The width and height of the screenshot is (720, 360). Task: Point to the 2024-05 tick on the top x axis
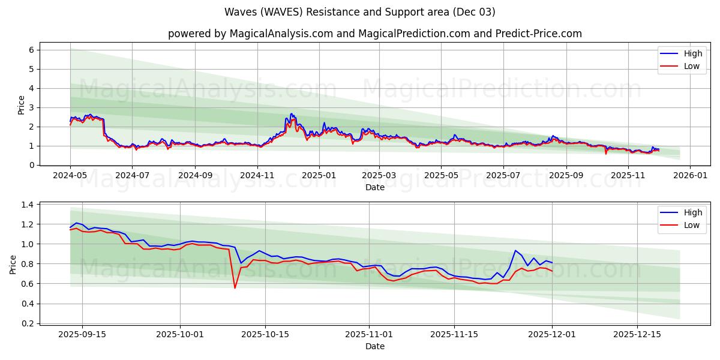pyautogui.click(x=70, y=176)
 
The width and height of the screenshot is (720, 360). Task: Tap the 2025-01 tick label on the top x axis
pyautogui.click(x=319, y=176)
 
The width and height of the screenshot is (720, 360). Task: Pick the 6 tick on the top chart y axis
pyautogui.click(x=31, y=50)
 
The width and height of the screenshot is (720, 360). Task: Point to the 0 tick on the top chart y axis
pyautogui.click(x=31, y=165)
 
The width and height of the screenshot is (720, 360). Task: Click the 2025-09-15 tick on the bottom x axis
pyautogui.click(x=82, y=335)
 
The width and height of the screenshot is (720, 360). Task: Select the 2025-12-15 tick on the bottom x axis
pyautogui.click(x=637, y=335)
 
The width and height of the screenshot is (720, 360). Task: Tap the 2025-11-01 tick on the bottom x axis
pyautogui.click(x=368, y=335)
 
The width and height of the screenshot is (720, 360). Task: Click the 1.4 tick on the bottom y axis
pyautogui.click(x=28, y=205)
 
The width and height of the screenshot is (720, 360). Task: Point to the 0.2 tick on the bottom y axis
pyautogui.click(x=28, y=323)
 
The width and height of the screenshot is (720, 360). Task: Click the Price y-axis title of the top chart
pyautogui.click(x=22, y=105)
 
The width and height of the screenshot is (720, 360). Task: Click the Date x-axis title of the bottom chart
pyautogui.click(x=374, y=346)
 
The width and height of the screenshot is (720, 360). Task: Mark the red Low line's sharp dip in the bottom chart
pyautogui.click(x=235, y=288)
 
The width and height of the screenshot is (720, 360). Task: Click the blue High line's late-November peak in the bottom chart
pyautogui.click(x=515, y=251)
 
